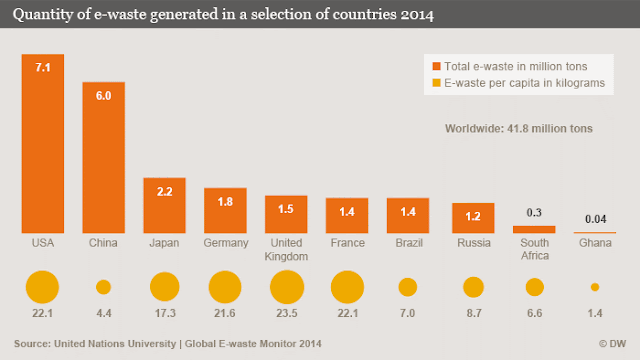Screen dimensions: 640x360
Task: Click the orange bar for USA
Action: coord(43,144)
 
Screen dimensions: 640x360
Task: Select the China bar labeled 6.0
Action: coord(104,158)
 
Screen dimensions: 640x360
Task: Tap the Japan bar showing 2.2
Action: coord(164,205)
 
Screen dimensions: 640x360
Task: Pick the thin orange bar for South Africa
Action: coord(534,229)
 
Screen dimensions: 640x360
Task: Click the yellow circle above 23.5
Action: coord(287,287)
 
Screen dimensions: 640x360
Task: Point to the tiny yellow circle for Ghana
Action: coord(595,287)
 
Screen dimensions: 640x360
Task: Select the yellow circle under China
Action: coord(103,287)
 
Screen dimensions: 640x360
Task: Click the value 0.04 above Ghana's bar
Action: coord(596,219)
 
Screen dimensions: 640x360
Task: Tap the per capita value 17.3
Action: coord(165,313)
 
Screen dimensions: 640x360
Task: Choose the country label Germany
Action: coord(226,243)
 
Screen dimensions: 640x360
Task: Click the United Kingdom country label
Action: coord(286,249)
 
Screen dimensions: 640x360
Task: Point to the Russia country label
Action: coord(473,243)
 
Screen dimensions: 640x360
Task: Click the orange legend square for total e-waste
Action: coord(436,66)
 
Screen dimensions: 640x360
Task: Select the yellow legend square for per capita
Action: coord(436,83)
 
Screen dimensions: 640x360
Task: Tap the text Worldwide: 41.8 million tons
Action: coord(518,129)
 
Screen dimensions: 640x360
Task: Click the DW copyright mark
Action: coord(612,344)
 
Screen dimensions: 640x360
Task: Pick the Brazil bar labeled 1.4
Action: coord(408,216)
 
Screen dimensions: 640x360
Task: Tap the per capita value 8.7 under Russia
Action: coord(474,313)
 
